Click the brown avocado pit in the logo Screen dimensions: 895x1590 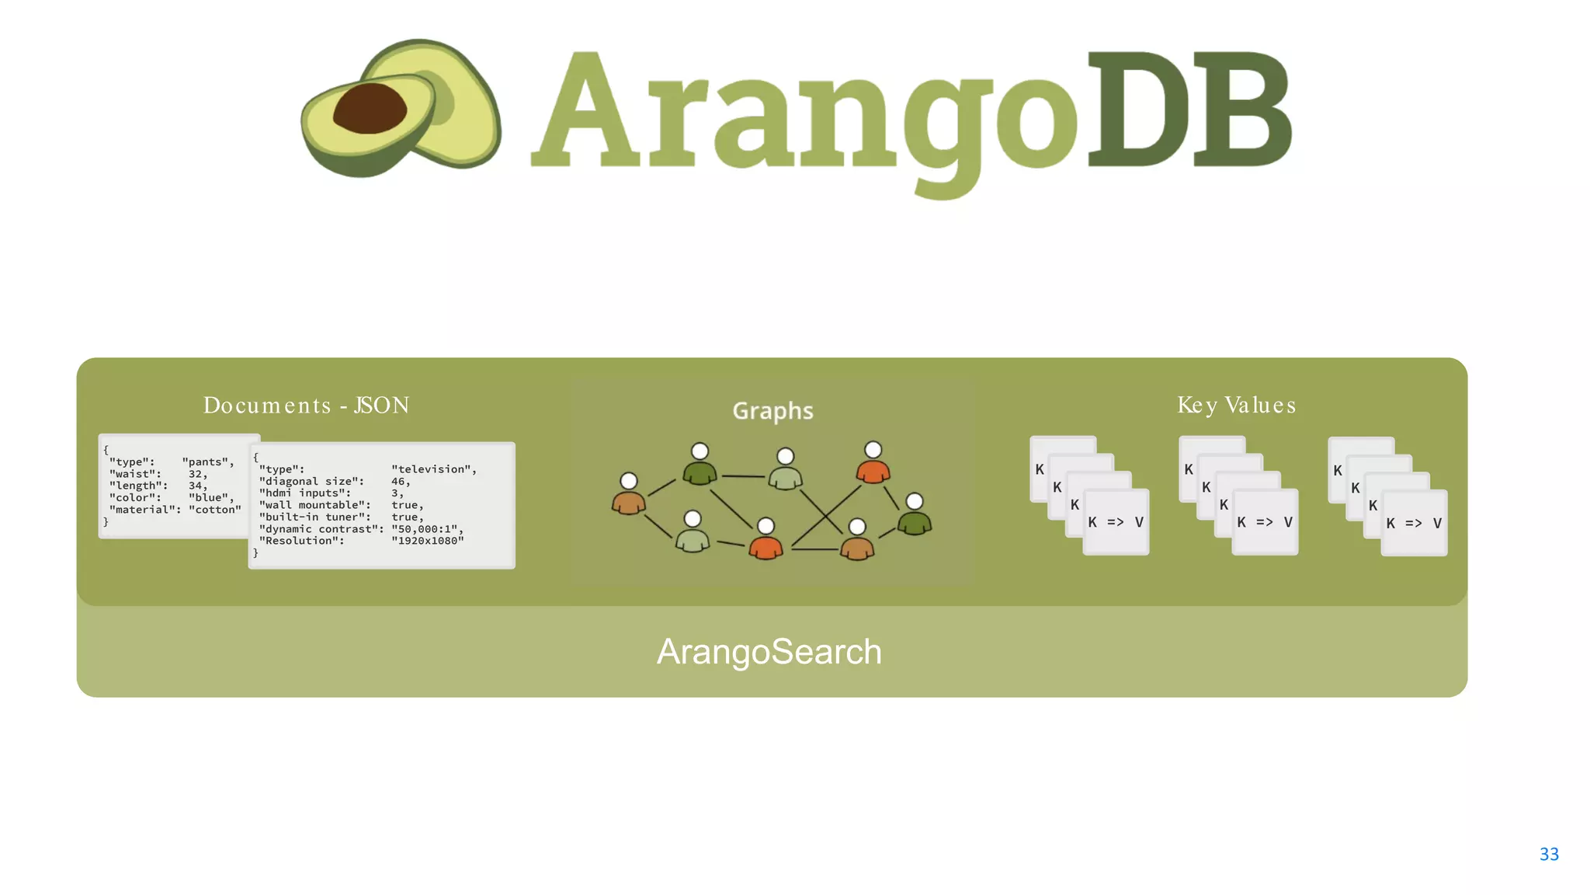(370, 109)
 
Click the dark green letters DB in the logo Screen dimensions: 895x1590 (1189, 110)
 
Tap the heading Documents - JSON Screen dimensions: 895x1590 (306, 406)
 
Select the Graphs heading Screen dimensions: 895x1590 (772, 410)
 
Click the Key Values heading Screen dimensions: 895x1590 (1236, 406)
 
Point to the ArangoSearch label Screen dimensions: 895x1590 (769, 652)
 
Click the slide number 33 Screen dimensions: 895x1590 (1548, 854)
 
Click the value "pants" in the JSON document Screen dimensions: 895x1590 (207, 462)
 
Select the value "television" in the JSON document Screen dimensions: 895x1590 (433, 469)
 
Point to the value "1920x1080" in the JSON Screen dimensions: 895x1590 (427, 541)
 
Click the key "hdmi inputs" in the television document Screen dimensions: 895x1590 (304, 493)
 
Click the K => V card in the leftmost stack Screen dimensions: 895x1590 (1116, 522)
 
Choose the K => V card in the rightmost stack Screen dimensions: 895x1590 (1414, 523)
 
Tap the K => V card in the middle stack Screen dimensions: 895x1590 (1265, 522)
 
